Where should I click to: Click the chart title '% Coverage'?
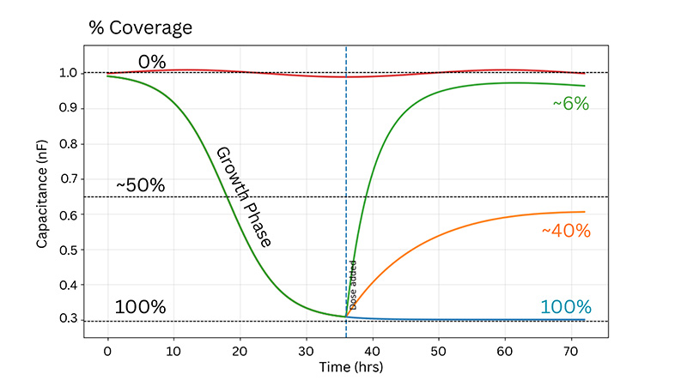click(140, 27)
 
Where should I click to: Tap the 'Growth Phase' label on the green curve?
click(243, 197)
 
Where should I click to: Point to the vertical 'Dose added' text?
click(353, 284)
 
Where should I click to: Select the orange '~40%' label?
click(565, 231)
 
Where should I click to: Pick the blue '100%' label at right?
click(566, 307)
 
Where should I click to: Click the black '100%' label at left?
click(140, 307)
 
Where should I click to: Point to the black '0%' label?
click(152, 61)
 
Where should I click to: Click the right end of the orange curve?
click(584, 212)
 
